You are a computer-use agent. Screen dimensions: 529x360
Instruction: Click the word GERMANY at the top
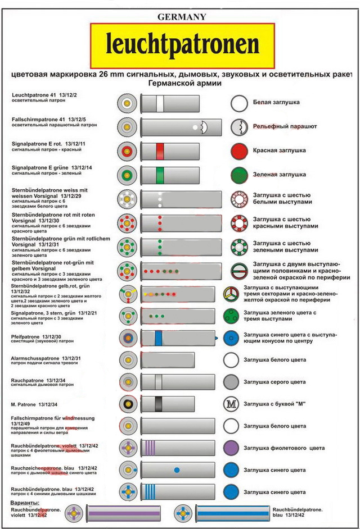[x=182, y=17]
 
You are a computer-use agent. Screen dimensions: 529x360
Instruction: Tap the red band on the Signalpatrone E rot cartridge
[x=160, y=151]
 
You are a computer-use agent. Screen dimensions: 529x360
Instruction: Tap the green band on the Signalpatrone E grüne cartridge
[x=160, y=175]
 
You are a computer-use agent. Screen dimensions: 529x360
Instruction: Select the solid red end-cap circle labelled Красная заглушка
[x=239, y=151]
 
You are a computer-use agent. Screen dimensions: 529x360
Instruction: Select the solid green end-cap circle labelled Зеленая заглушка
[x=239, y=175]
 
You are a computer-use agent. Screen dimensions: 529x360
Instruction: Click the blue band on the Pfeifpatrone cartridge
[x=159, y=338]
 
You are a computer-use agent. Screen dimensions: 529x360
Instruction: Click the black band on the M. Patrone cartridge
[x=159, y=404]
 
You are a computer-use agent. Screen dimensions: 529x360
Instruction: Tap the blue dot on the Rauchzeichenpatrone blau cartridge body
[x=177, y=469]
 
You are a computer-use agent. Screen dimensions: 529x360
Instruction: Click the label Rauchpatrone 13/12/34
[x=42, y=380]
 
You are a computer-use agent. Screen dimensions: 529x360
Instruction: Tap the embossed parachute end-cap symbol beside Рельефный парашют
[x=239, y=127]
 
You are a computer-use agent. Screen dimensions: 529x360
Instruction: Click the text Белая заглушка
[x=276, y=103]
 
